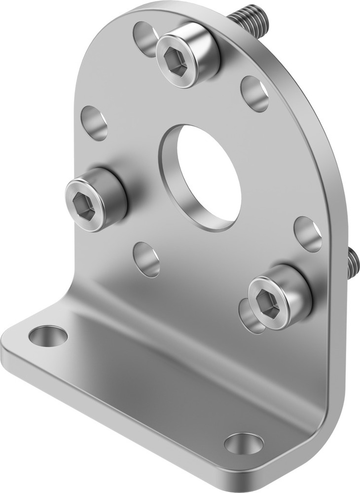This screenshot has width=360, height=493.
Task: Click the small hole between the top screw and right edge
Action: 254,93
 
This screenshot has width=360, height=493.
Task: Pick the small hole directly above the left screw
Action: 94,122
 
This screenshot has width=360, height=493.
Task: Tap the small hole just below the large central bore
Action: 147,259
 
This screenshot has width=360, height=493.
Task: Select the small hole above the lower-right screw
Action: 308,234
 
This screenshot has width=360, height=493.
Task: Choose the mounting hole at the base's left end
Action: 48,336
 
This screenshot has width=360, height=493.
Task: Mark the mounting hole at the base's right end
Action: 244,443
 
